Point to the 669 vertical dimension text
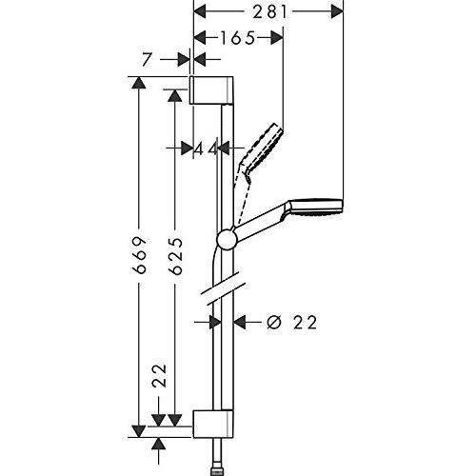139,254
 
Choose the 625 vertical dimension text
174,254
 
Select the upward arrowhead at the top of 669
140,83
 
